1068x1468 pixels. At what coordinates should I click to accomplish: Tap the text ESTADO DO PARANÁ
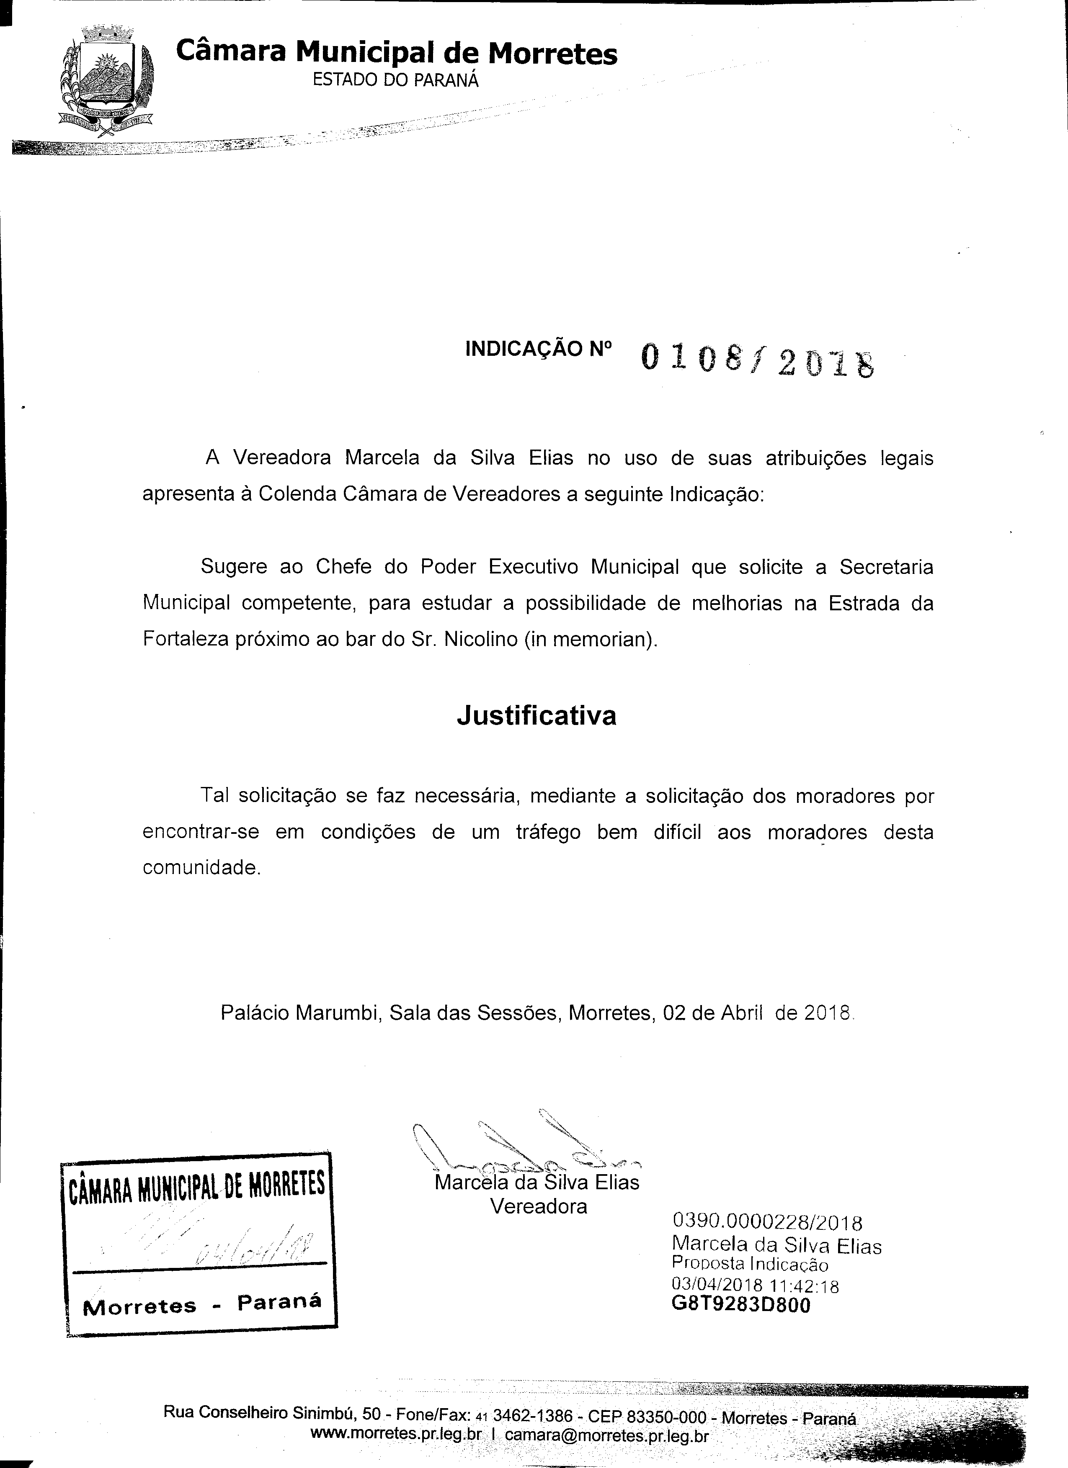[x=396, y=80]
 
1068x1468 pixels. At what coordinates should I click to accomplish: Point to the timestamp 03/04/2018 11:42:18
[x=755, y=1285]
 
